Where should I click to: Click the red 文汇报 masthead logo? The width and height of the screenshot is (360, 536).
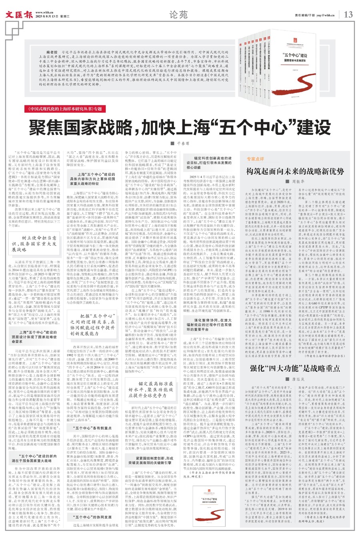pyautogui.click(x=19, y=15)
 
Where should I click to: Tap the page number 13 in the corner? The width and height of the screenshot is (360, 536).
pyautogui.click(x=348, y=15)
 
